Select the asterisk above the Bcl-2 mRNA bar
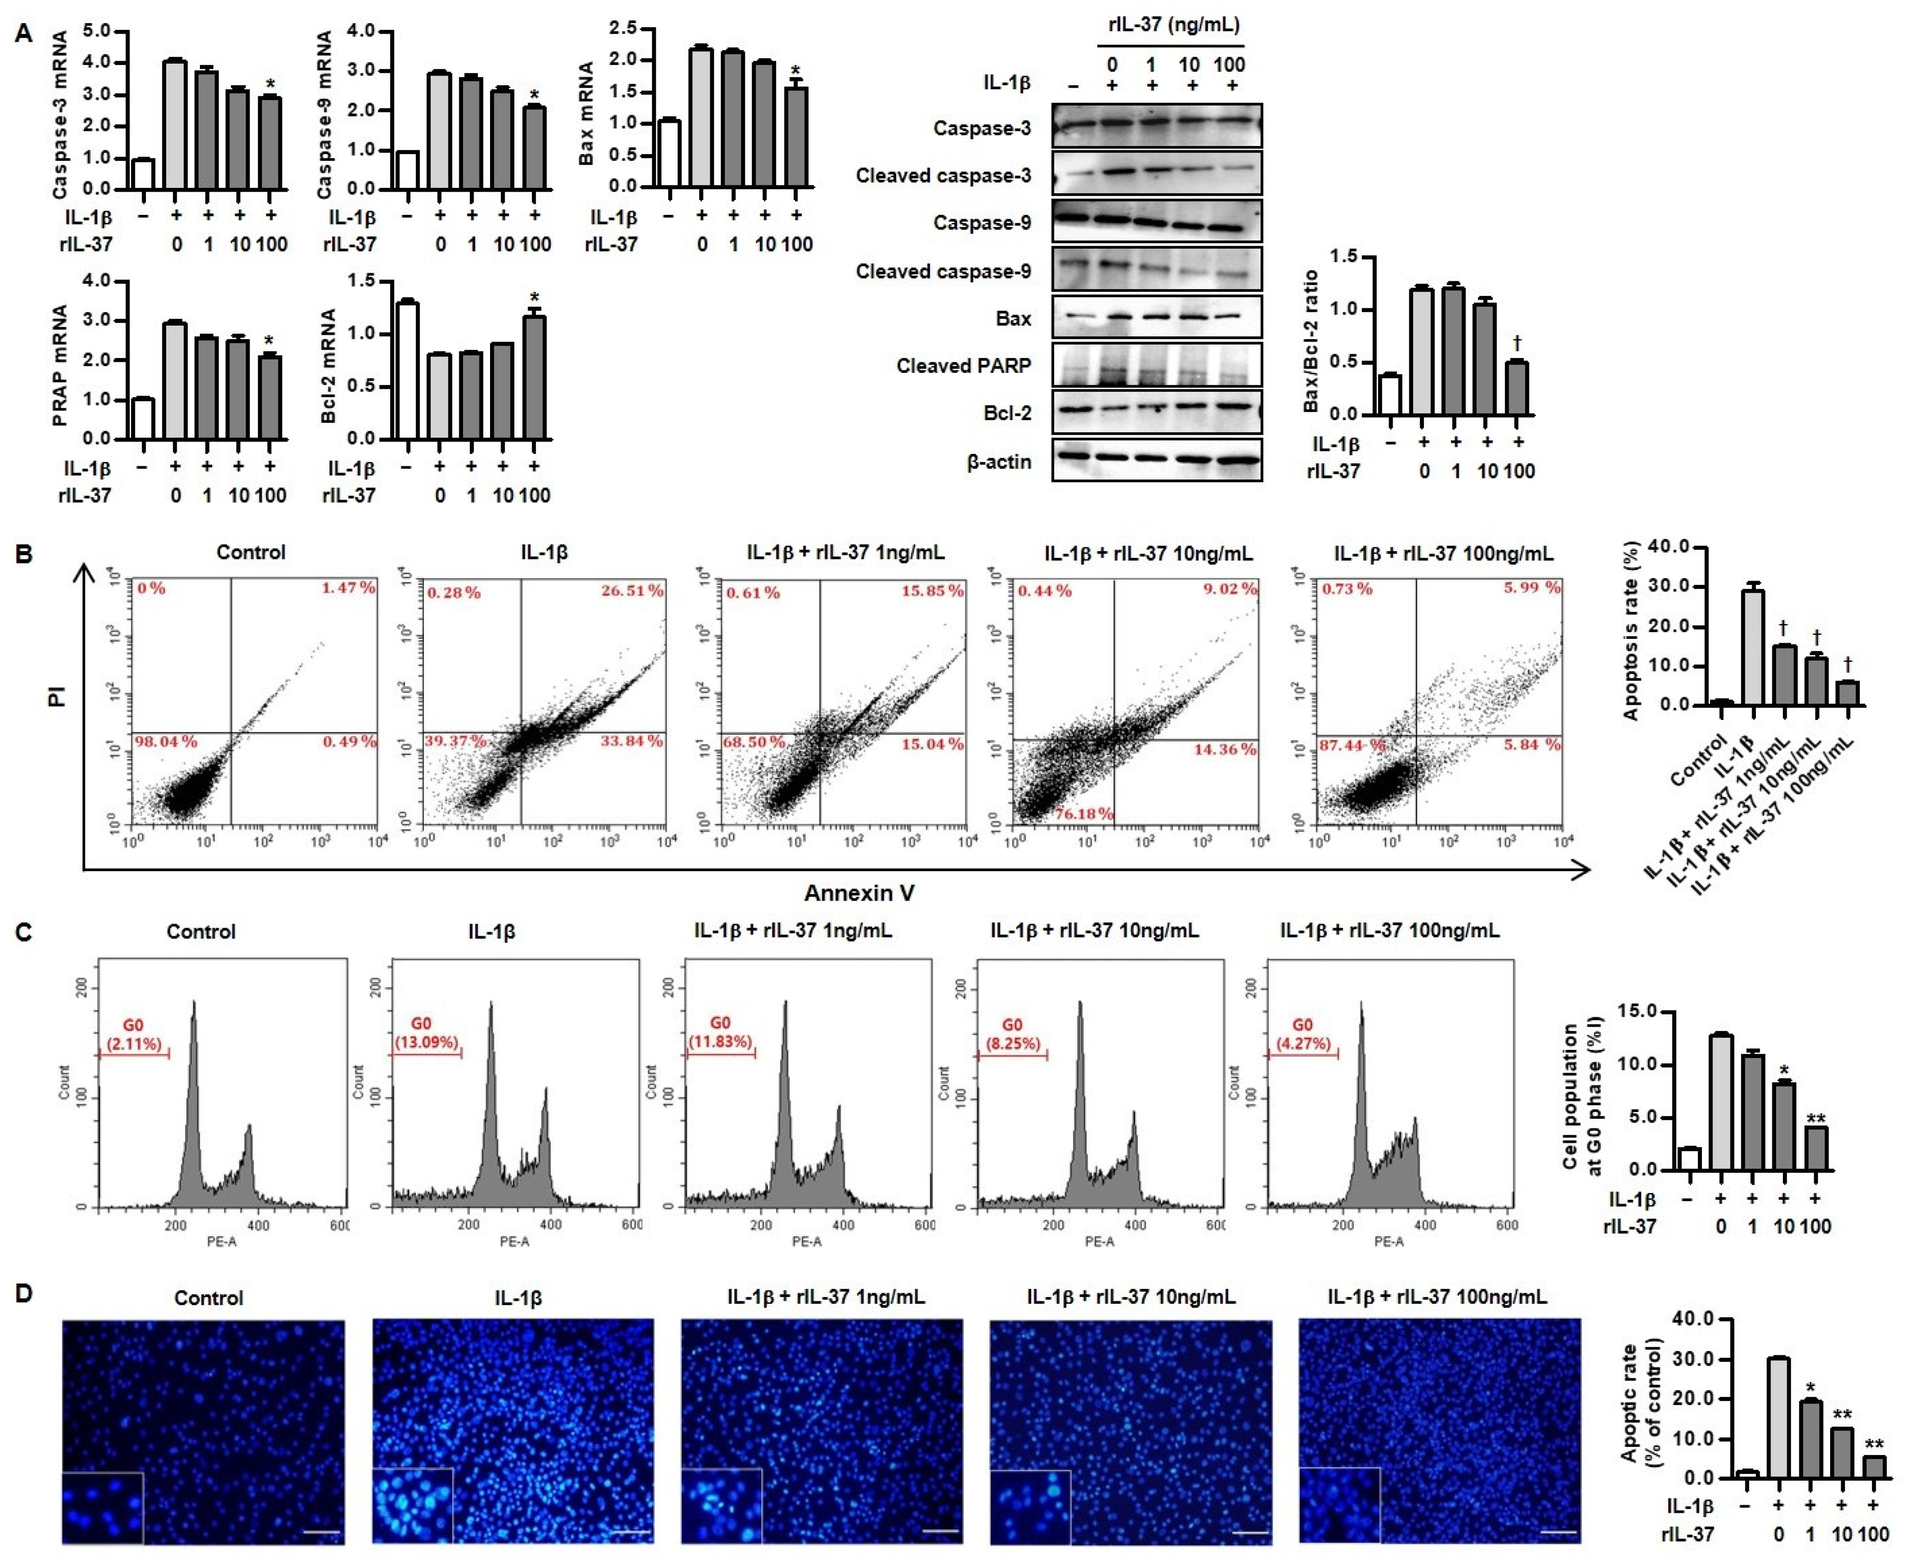[535, 299]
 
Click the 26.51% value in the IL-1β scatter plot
[632, 591]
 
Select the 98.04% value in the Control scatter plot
[166, 742]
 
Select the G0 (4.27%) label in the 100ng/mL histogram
[1301, 1033]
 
